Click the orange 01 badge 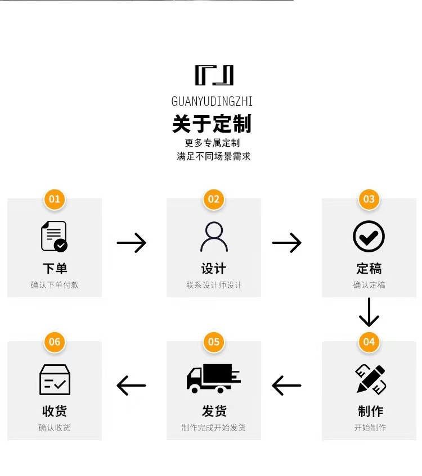(54, 199)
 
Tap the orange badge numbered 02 (213, 199)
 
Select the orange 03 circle (369, 199)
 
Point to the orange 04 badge (369, 342)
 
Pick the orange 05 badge (213, 342)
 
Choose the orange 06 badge (54, 342)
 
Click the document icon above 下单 (54, 236)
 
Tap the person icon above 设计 (214, 237)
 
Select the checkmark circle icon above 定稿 (369, 236)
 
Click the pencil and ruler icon (370, 379)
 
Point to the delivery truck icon (213, 378)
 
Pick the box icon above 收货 (55, 379)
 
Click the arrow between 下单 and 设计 (131, 243)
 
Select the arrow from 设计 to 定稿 (286, 243)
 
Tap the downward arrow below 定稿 (369, 312)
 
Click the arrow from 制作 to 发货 (286, 386)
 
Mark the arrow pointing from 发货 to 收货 (131, 386)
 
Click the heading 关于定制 (212, 124)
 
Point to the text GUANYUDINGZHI (212, 101)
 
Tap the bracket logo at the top (214, 75)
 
